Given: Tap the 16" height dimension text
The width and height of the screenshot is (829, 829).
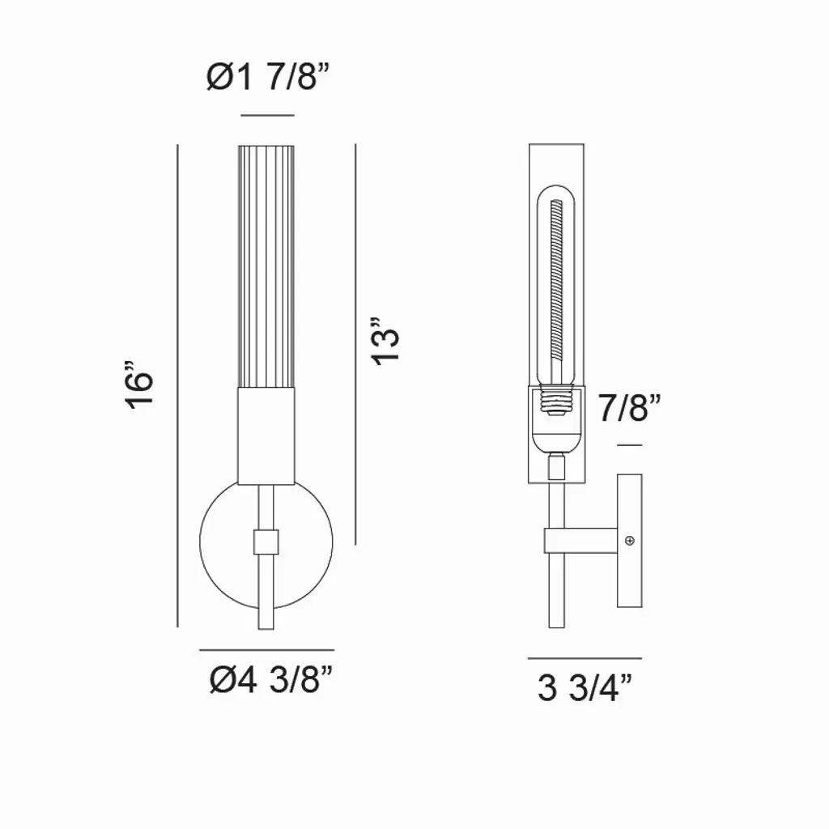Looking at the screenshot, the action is [x=138, y=385].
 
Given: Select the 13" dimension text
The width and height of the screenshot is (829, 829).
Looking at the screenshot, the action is [x=385, y=341].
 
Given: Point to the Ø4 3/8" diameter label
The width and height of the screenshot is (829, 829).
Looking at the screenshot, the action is [x=271, y=679].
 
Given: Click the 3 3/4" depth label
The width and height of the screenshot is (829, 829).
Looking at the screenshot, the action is [x=585, y=688].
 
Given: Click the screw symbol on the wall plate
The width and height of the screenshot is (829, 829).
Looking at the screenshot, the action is [x=630, y=541].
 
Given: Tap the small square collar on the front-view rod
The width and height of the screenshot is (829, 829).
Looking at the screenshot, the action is [x=266, y=542].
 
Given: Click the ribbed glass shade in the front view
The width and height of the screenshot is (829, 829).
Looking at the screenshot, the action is [x=266, y=266].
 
